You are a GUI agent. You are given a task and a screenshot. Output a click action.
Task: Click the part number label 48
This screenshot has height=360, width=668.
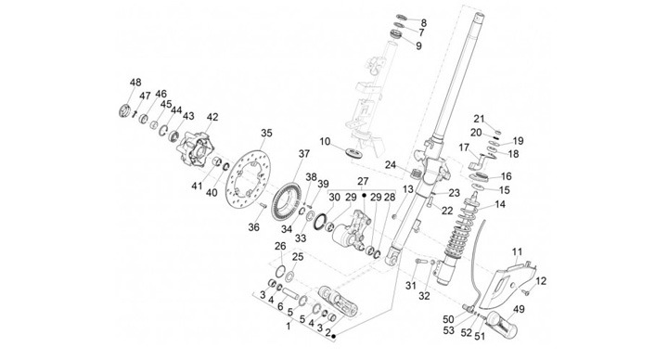(x=135, y=83)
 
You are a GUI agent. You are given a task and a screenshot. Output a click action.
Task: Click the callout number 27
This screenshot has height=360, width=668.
(x=363, y=181)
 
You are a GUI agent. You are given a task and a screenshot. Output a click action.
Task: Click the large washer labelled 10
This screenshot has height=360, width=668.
(x=354, y=153)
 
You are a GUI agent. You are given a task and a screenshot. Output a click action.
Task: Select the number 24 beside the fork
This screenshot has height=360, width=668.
(x=391, y=165)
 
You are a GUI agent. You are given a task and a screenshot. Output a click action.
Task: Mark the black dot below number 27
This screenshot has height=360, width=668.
(x=364, y=195)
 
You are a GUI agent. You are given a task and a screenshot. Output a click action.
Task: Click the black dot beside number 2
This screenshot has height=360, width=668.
(x=334, y=337)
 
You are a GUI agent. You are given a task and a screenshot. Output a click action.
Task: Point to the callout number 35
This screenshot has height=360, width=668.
(x=266, y=134)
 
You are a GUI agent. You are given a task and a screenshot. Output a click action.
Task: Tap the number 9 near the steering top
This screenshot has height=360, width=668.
(x=418, y=45)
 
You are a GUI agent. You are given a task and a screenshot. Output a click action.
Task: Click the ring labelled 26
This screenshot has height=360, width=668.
(x=280, y=270)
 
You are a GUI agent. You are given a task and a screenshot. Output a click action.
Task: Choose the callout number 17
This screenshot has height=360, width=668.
(x=465, y=148)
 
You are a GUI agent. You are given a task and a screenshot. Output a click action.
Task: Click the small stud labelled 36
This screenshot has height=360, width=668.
(x=263, y=206)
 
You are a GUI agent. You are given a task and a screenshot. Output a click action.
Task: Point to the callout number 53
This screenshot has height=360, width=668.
(x=449, y=330)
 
